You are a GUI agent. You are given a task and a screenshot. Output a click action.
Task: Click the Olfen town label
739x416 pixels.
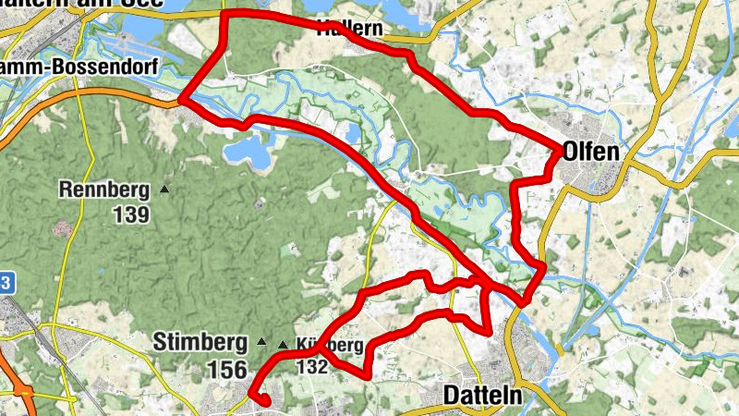(591, 151)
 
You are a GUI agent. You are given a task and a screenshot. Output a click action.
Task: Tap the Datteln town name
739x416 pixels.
(483, 396)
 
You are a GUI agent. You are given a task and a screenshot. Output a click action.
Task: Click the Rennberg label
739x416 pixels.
(104, 191)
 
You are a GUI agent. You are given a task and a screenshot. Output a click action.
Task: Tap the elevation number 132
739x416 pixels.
(313, 366)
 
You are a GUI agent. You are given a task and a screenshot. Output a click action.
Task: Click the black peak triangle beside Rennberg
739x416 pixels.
(164, 190)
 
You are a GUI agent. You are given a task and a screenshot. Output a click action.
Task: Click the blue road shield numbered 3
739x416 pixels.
(5, 283)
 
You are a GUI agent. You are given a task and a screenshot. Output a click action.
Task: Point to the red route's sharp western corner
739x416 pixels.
(181, 98)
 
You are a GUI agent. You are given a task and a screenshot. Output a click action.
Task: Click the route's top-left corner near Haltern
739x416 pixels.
(225, 14)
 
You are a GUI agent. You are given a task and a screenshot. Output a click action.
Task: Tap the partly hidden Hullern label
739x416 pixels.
(349, 29)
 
